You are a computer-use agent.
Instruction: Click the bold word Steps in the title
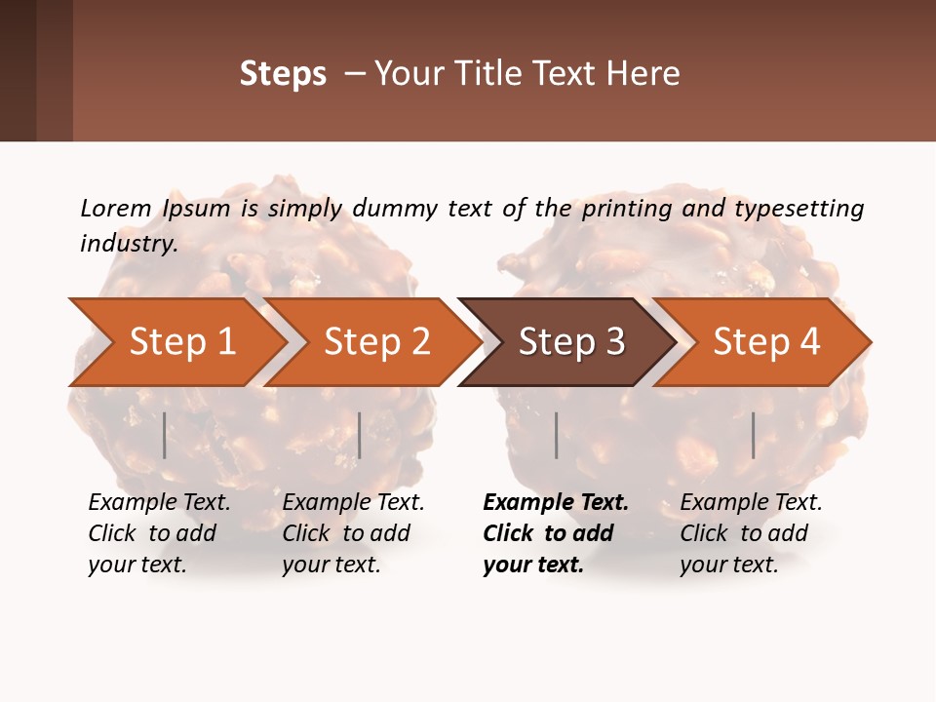(283, 74)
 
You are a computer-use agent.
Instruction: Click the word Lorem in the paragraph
(116, 208)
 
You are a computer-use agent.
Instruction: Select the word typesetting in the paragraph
(799, 209)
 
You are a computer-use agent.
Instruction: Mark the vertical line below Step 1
(164, 435)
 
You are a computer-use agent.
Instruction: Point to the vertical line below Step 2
(360, 435)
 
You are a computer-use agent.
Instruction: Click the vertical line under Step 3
(556, 435)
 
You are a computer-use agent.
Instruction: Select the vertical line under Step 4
(753, 435)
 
